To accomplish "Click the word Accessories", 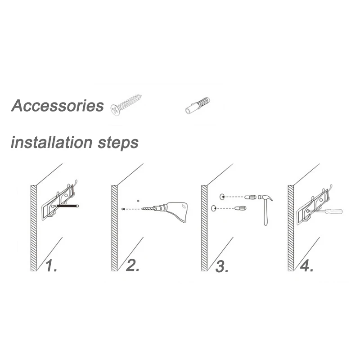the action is [x=58, y=106].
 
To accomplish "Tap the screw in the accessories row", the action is [x=126, y=105].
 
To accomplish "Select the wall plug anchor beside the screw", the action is [x=197, y=105].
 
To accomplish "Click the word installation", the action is [x=51, y=142].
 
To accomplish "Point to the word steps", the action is [x=118, y=143].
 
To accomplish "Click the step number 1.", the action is [x=51, y=266].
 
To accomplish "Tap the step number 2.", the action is [x=133, y=265].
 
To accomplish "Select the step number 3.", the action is [x=222, y=266].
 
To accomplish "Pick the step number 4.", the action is [x=307, y=266].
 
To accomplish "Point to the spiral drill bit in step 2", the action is [x=148, y=209].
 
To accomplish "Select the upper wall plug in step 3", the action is [x=250, y=197].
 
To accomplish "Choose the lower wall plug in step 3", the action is [x=240, y=208].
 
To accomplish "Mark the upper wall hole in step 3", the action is [x=222, y=197].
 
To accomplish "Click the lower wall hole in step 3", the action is [x=213, y=208].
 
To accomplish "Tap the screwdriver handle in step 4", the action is [x=334, y=211].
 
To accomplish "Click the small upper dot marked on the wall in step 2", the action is [x=138, y=201].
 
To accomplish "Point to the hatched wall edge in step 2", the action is [x=114, y=228].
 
